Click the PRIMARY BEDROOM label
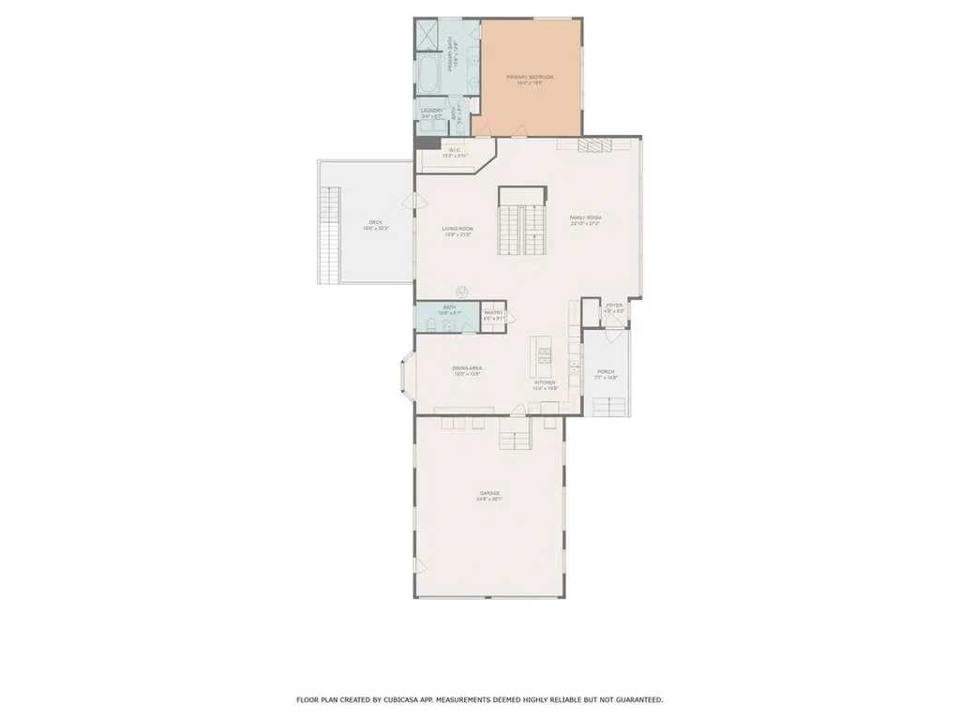[x=530, y=77]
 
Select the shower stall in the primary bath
[x=428, y=37]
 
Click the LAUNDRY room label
[x=431, y=111]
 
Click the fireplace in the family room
[x=592, y=144]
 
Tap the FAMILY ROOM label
[x=584, y=217]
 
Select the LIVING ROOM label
[x=457, y=229]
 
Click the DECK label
[x=375, y=222]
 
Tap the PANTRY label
[x=493, y=313]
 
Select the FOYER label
[x=614, y=306]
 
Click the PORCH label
[x=606, y=371]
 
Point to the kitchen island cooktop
[x=545, y=353]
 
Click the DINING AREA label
[x=467, y=368]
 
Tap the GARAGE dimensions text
[x=489, y=499]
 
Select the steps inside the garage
[x=515, y=436]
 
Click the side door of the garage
[x=415, y=562]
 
